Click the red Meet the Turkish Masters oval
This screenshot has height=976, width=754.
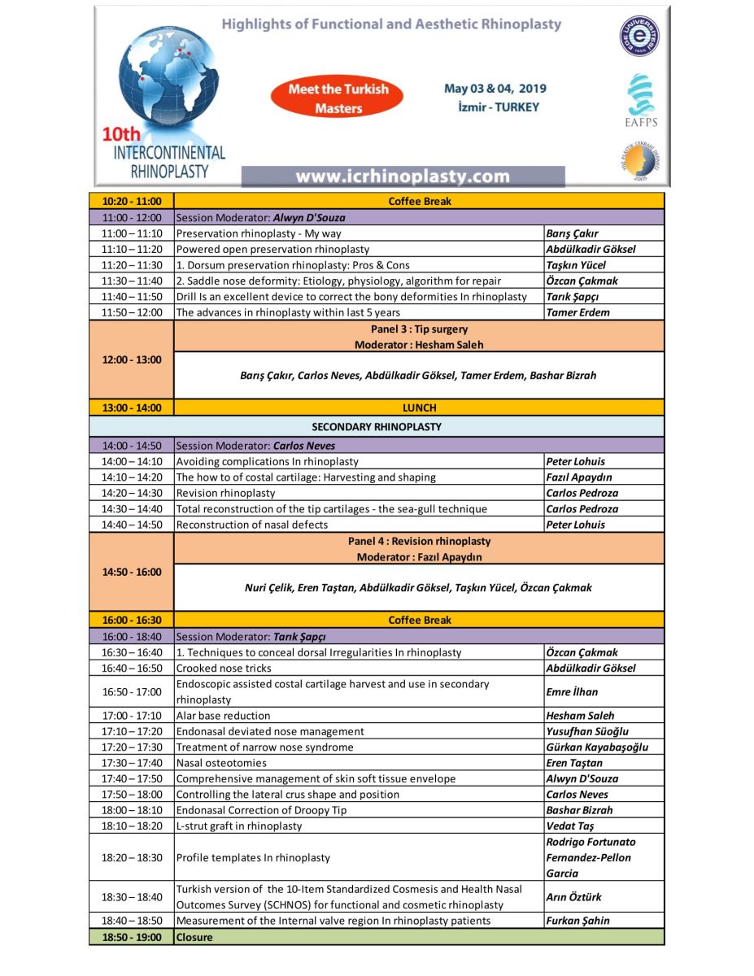click(x=339, y=98)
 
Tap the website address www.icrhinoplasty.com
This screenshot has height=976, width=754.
click(x=403, y=176)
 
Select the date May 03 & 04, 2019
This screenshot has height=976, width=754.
click(x=495, y=89)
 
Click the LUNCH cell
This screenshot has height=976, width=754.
click(x=419, y=407)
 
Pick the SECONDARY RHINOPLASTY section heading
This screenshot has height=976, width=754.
click(x=377, y=426)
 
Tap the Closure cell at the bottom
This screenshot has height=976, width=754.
click(x=194, y=937)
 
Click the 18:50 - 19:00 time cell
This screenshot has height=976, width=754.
click(x=132, y=937)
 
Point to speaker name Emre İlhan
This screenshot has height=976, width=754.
click(x=572, y=692)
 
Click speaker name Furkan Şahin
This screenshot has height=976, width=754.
click(x=577, y=921)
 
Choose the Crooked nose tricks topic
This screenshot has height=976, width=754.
click(x=224, y=668)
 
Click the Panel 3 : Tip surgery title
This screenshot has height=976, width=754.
click(x=419, y=329)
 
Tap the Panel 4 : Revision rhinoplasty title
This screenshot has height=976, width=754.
click(x=419, y=541)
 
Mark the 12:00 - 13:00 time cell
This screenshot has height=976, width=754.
click(x=132, y=359)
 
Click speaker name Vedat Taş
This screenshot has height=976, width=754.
click(x=571, y=826)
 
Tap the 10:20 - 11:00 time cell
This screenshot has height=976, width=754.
click(x=132, y=201)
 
